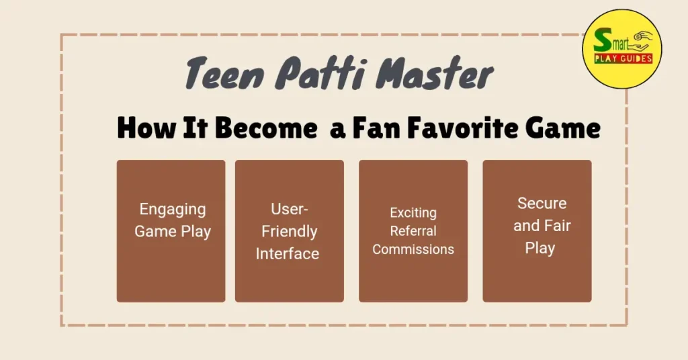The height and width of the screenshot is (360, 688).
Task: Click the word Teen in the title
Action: (224, 73)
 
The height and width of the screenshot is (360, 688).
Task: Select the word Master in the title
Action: (435, 73)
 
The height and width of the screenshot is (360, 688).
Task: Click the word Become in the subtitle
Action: (266, 128)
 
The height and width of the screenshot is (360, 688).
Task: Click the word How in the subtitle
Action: (146, 128)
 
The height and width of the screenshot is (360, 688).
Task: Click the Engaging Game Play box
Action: (171, 231)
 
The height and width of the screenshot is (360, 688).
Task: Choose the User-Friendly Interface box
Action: (290, 231)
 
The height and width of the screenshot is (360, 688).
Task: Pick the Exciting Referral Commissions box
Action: (413, 231)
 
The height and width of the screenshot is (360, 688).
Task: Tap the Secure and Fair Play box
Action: (537, 231)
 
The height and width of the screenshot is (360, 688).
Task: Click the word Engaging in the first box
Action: (173, 210)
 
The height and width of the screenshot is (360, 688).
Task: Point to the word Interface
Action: (288, 253)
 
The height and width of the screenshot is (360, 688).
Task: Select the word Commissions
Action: (413, 249)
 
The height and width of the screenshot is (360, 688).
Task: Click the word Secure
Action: (542, 203)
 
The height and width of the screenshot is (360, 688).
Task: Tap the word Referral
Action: (413, 230)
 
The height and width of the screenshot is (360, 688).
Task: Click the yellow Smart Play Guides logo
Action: (622, 49)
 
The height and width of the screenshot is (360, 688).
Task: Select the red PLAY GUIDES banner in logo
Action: (623, 58)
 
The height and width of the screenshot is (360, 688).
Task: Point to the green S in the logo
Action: (602, 40)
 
